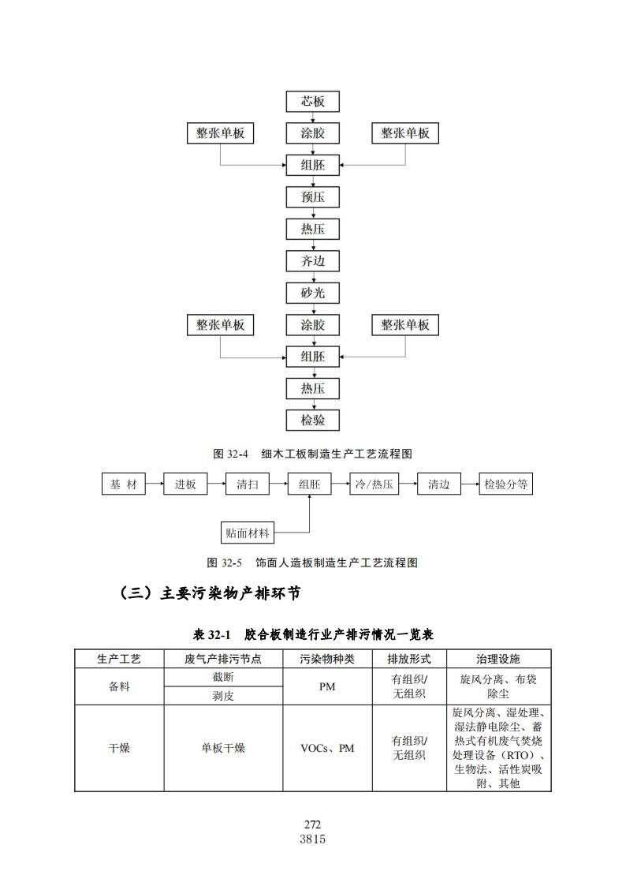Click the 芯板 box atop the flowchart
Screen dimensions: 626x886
(313, 102)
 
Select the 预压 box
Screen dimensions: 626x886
(313, 197)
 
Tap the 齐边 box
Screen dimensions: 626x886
(313, 261)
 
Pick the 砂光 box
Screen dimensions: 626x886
(313, 293)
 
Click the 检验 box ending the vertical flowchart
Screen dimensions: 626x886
(313, 421)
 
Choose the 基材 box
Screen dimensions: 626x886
(124, 484)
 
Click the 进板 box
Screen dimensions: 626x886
(185, 484)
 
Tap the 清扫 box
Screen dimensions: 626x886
(248, 484)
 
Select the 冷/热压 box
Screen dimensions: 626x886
(374, 484)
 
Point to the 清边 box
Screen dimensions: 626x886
(438, 484)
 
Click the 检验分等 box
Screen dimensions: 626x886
(506, 484)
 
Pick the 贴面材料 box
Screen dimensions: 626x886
(248, 533)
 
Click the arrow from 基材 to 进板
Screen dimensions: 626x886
(155, 484)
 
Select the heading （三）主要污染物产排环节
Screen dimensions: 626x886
(210, 593)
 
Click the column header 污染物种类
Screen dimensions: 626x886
(327, 659)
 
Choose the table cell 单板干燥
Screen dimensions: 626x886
(223, 748)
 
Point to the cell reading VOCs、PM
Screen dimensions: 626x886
(327, 748)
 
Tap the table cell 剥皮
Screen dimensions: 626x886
(223, 696)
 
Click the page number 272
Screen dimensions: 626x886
(312, 824)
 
